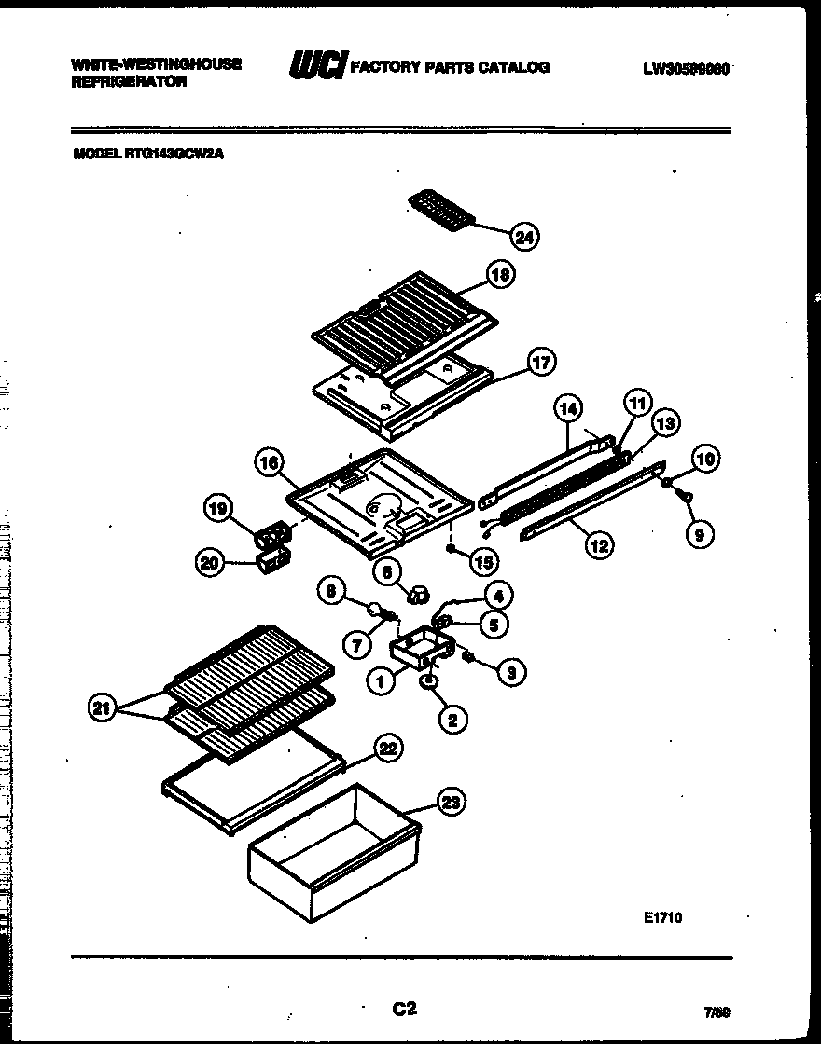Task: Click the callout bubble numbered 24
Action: (525, 238)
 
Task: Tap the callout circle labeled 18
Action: (501, 274)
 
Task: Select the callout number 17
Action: (541, 362)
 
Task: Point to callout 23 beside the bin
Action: (453, 802)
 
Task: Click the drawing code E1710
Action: (662, 917)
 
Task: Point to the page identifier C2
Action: (403, 1008)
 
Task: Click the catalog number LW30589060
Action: (686, 68)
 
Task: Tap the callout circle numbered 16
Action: (269, 463)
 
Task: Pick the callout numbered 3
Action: (511, 671)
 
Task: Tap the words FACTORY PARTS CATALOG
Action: (450, 67)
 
